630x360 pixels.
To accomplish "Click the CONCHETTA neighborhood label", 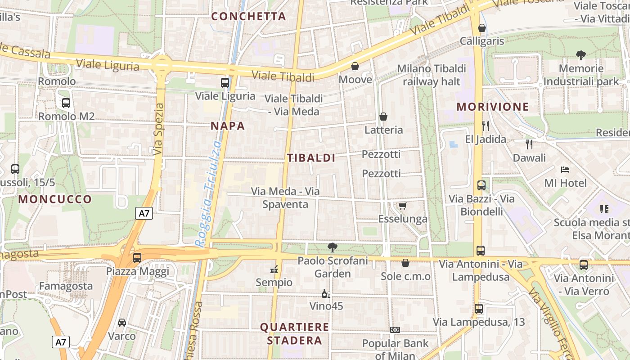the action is (x=248, y=17).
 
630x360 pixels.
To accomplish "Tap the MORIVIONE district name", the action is (x=492, y=107).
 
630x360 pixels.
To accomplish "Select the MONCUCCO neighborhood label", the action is (x=55, y=199).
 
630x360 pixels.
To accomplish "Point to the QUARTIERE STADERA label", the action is (x=294, y=333).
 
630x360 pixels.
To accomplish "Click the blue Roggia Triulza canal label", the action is (x=209, y=193).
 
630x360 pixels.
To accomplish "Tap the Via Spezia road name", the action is (x=158, y=130).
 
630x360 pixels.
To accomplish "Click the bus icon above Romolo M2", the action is (x=66, y=103).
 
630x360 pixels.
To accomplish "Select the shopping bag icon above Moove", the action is (x=355, y=67).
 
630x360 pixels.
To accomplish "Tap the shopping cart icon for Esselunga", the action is (x=402, y=206).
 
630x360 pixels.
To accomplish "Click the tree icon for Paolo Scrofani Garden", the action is (x=333, y=247).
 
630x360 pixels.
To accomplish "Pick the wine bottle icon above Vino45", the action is (x=326, y=294).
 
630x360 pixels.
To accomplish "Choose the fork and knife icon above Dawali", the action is (x=529, y=144).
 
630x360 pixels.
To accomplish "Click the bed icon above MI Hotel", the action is (x=565, y=170).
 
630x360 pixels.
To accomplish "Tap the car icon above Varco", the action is (x=121, y=323).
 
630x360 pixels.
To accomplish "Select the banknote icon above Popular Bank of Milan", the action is (x=395, y=330).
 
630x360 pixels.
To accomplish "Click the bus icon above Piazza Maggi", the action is (x=137, y=258).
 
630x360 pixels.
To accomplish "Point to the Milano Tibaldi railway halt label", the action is (x=431, y=75).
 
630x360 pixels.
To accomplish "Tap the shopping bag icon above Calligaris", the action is (x=481, y=28).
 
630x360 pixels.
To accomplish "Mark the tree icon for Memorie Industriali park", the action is (x=580, y=55).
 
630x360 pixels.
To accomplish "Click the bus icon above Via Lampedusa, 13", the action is (x=479, y=309).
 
